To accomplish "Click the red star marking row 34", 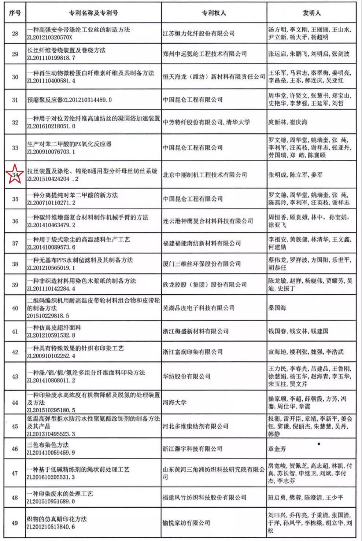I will tap(15, 175).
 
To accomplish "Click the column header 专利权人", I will tap(214, 13).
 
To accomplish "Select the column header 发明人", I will tap(312, 13).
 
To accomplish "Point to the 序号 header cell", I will tap(15, 13).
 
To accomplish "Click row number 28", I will tap(15, 34).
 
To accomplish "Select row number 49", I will tap(15, 523).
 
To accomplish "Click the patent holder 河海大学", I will tap(174, 402).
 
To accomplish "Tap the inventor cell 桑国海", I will tap(277, 308).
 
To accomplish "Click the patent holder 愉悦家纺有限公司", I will tap(186, 523).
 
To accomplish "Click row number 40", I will tap(15, 308).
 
